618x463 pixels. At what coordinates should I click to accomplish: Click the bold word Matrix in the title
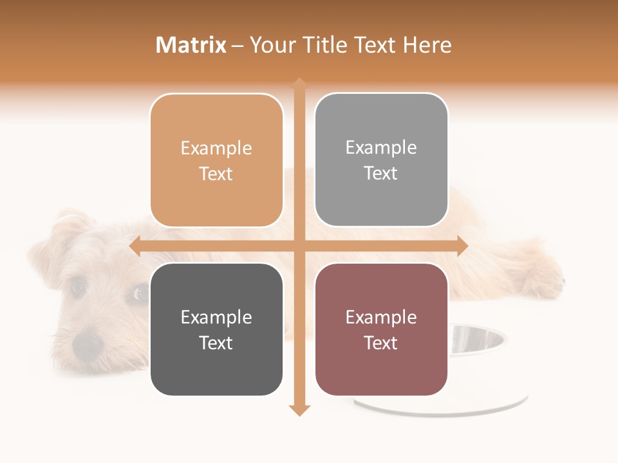(191, 45)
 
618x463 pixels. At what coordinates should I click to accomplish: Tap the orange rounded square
(216, 160)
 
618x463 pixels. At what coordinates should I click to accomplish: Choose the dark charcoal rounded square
(216, 329)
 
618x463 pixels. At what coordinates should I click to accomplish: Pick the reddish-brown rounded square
(381, 329)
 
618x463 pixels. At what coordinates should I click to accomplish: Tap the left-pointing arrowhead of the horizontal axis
(135, 246)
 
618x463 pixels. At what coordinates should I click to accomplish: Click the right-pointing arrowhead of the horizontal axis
(462, 246)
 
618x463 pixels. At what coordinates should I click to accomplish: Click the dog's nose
(88, 345)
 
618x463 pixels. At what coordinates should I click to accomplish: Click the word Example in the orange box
(216, 148)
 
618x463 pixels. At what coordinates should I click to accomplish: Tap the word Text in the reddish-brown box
(381, 343)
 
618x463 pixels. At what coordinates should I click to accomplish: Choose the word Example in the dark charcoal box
(216, 317)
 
